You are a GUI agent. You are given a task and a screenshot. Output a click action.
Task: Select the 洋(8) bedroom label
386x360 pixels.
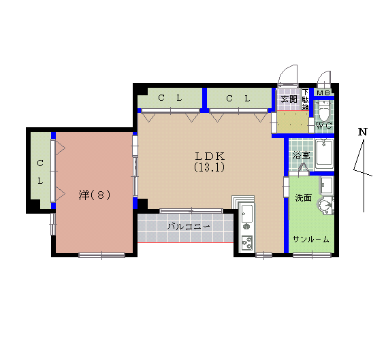coord(94,195)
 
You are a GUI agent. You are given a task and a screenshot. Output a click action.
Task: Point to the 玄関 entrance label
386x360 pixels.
coord(289,99)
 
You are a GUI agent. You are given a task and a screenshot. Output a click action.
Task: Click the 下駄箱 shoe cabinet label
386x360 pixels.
coord(305,100)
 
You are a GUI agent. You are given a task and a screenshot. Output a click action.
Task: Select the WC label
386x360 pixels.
coord(323,126)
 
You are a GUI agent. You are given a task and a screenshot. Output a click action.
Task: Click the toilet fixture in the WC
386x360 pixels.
coord(324,109)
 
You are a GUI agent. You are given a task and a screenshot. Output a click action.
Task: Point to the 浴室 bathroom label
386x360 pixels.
coord(301,155)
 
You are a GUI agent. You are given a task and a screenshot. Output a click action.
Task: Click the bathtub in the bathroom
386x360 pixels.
coord(324,156)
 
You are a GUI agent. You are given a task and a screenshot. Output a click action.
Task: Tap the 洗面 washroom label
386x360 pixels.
coord(303,198)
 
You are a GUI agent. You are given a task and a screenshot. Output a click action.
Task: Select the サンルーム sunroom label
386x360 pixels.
coord(311,240)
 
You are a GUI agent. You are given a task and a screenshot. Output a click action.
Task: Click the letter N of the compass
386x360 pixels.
coord(363,131)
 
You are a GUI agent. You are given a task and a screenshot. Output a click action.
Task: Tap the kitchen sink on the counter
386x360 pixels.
coord(246,216)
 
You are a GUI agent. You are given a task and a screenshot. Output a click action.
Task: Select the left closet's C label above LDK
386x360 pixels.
coord(161,98)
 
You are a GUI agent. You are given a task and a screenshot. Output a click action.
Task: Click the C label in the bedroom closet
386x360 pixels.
coord(40,163)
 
